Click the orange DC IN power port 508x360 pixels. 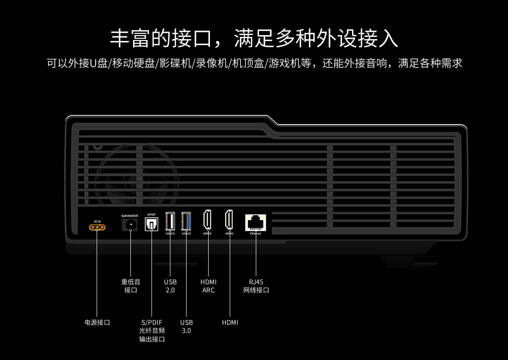tap(97, 227)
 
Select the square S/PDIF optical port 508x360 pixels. tap(152, 224)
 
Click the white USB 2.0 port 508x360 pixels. tap(170, 221)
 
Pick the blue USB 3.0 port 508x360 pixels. tap(186, 221)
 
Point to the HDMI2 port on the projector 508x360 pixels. tap(208, 220)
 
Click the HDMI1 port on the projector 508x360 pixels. tap(229, 220)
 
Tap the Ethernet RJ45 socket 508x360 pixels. tap(255, 222)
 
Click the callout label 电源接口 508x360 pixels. tap(97, 322)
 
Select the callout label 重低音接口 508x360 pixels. tap(130, 286)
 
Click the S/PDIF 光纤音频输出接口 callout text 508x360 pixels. tap(152, 331)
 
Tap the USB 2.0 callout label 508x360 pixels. tap(170, 286)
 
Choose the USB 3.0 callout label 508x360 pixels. tap(186, 326)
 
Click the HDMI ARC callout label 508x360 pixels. tap(208, 286)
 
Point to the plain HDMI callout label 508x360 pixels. tap(230, 322)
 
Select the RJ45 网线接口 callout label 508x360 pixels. tap(256, 286)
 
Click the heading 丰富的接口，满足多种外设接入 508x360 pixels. tap(254, 38)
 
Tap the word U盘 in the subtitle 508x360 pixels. tap(98, 63)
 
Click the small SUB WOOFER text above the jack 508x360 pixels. tap(129, 216)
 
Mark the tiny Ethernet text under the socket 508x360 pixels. tap(255, 234)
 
